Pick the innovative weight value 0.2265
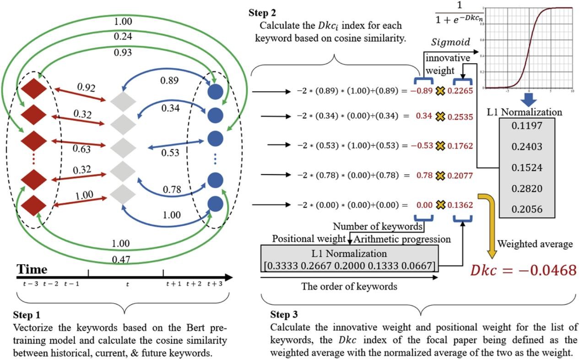pyautogui.click(x=461, y=91)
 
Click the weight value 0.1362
pyautogui.click(x=461, y=205)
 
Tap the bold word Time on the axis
pyautogui.click(x=32, y=269)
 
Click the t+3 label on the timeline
pyautogui.click(x=216, y=284)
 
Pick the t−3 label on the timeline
pyautogui.click(x=30, y=284)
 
